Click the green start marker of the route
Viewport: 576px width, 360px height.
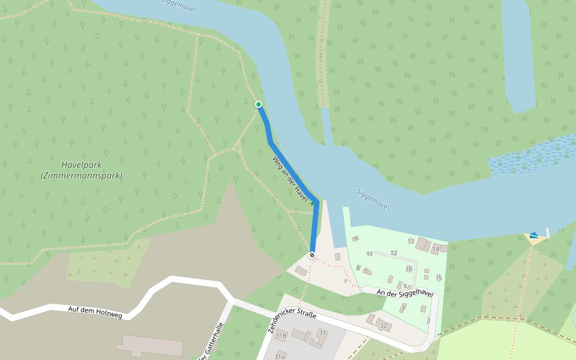[x=259, y=104]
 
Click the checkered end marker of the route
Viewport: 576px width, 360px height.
[x=312, y=256]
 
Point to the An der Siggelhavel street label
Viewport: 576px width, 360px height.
[x=405, y=293]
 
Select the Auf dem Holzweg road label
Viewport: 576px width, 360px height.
[x=95, y=312]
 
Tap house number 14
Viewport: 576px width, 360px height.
[x=436, y=248]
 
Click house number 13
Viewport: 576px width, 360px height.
[x=411, y=241]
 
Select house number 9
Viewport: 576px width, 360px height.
[x=355, y=239]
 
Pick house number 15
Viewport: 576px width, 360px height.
[x=439, y=278]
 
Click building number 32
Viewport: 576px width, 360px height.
[x=383, y=325]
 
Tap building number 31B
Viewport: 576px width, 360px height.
[x=281, y=336]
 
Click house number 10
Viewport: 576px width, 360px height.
[x=409, y=269]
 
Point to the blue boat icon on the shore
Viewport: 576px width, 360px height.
[x=534, y=235]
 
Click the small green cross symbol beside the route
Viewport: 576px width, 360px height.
[x=312, y=203]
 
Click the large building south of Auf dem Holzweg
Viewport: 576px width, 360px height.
[x=150, y=346]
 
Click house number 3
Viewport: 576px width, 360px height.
[x=403, y=307]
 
